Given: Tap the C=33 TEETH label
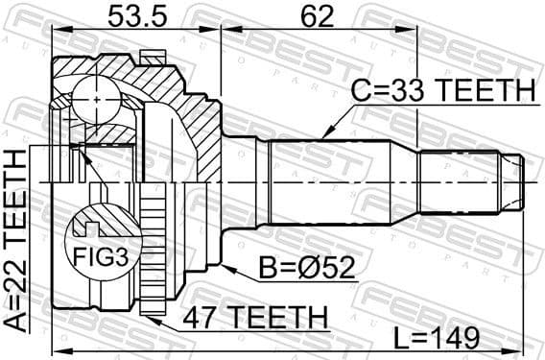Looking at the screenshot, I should coord(441,91).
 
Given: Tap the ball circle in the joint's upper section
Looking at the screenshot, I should coord(96,97).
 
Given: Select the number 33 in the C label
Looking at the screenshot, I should coord(399,91).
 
